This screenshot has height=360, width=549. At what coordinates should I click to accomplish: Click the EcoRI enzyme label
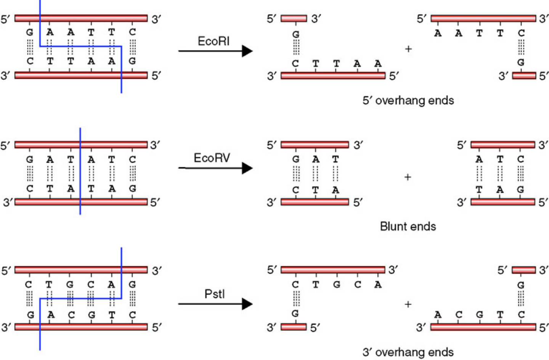(x=213, y=41)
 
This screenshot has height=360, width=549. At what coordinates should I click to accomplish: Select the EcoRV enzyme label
(x=212, y=157)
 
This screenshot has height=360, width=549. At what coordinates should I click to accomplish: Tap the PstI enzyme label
(x=214, y=294)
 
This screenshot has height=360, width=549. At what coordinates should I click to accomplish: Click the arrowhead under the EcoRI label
(x=247, y=51)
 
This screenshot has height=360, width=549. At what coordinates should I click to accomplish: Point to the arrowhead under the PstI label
(x=247, y=304)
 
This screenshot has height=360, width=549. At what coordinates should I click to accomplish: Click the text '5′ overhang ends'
(x=408, y=101)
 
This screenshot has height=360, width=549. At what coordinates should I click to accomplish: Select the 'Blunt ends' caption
(x=408, y=226)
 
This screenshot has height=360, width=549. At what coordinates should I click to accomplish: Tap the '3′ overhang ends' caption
(x=408, y=352)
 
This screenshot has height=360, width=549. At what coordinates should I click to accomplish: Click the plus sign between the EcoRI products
(x=408, y=49)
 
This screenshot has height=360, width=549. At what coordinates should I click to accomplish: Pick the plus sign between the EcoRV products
(x=408, y=177)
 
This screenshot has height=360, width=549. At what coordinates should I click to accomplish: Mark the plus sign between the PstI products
(x=408, y=304)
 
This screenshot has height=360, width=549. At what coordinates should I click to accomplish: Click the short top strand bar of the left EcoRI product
(x=294, y=18)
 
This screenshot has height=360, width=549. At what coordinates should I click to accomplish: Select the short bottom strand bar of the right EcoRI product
(x=524, y=76)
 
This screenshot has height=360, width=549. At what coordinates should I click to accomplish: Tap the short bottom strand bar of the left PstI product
(x=294, y=327)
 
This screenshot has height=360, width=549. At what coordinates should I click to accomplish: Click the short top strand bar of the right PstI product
(x=524, y=270)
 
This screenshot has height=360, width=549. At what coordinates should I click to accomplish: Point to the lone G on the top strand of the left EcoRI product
(x=296, y=34)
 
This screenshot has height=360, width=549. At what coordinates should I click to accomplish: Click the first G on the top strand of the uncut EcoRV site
(x=30, y=159)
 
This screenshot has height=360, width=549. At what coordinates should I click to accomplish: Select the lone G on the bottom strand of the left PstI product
(x=295, y=313)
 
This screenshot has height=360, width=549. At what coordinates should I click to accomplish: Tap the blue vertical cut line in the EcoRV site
(x=80, y=171)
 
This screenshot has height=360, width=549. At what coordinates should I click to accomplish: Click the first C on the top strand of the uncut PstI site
(x=29, y=284)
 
